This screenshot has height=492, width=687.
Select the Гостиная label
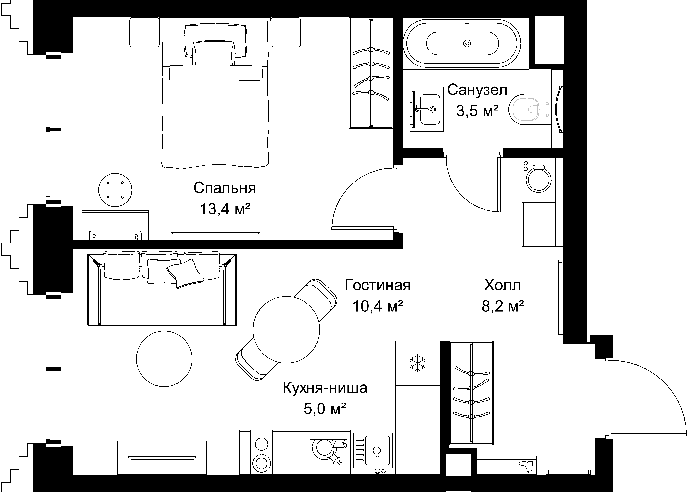click(377, 285)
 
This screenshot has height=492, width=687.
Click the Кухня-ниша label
click(325, 388)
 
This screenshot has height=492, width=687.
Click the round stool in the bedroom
click(115, 190)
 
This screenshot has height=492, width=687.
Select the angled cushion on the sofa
click(185, 273)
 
